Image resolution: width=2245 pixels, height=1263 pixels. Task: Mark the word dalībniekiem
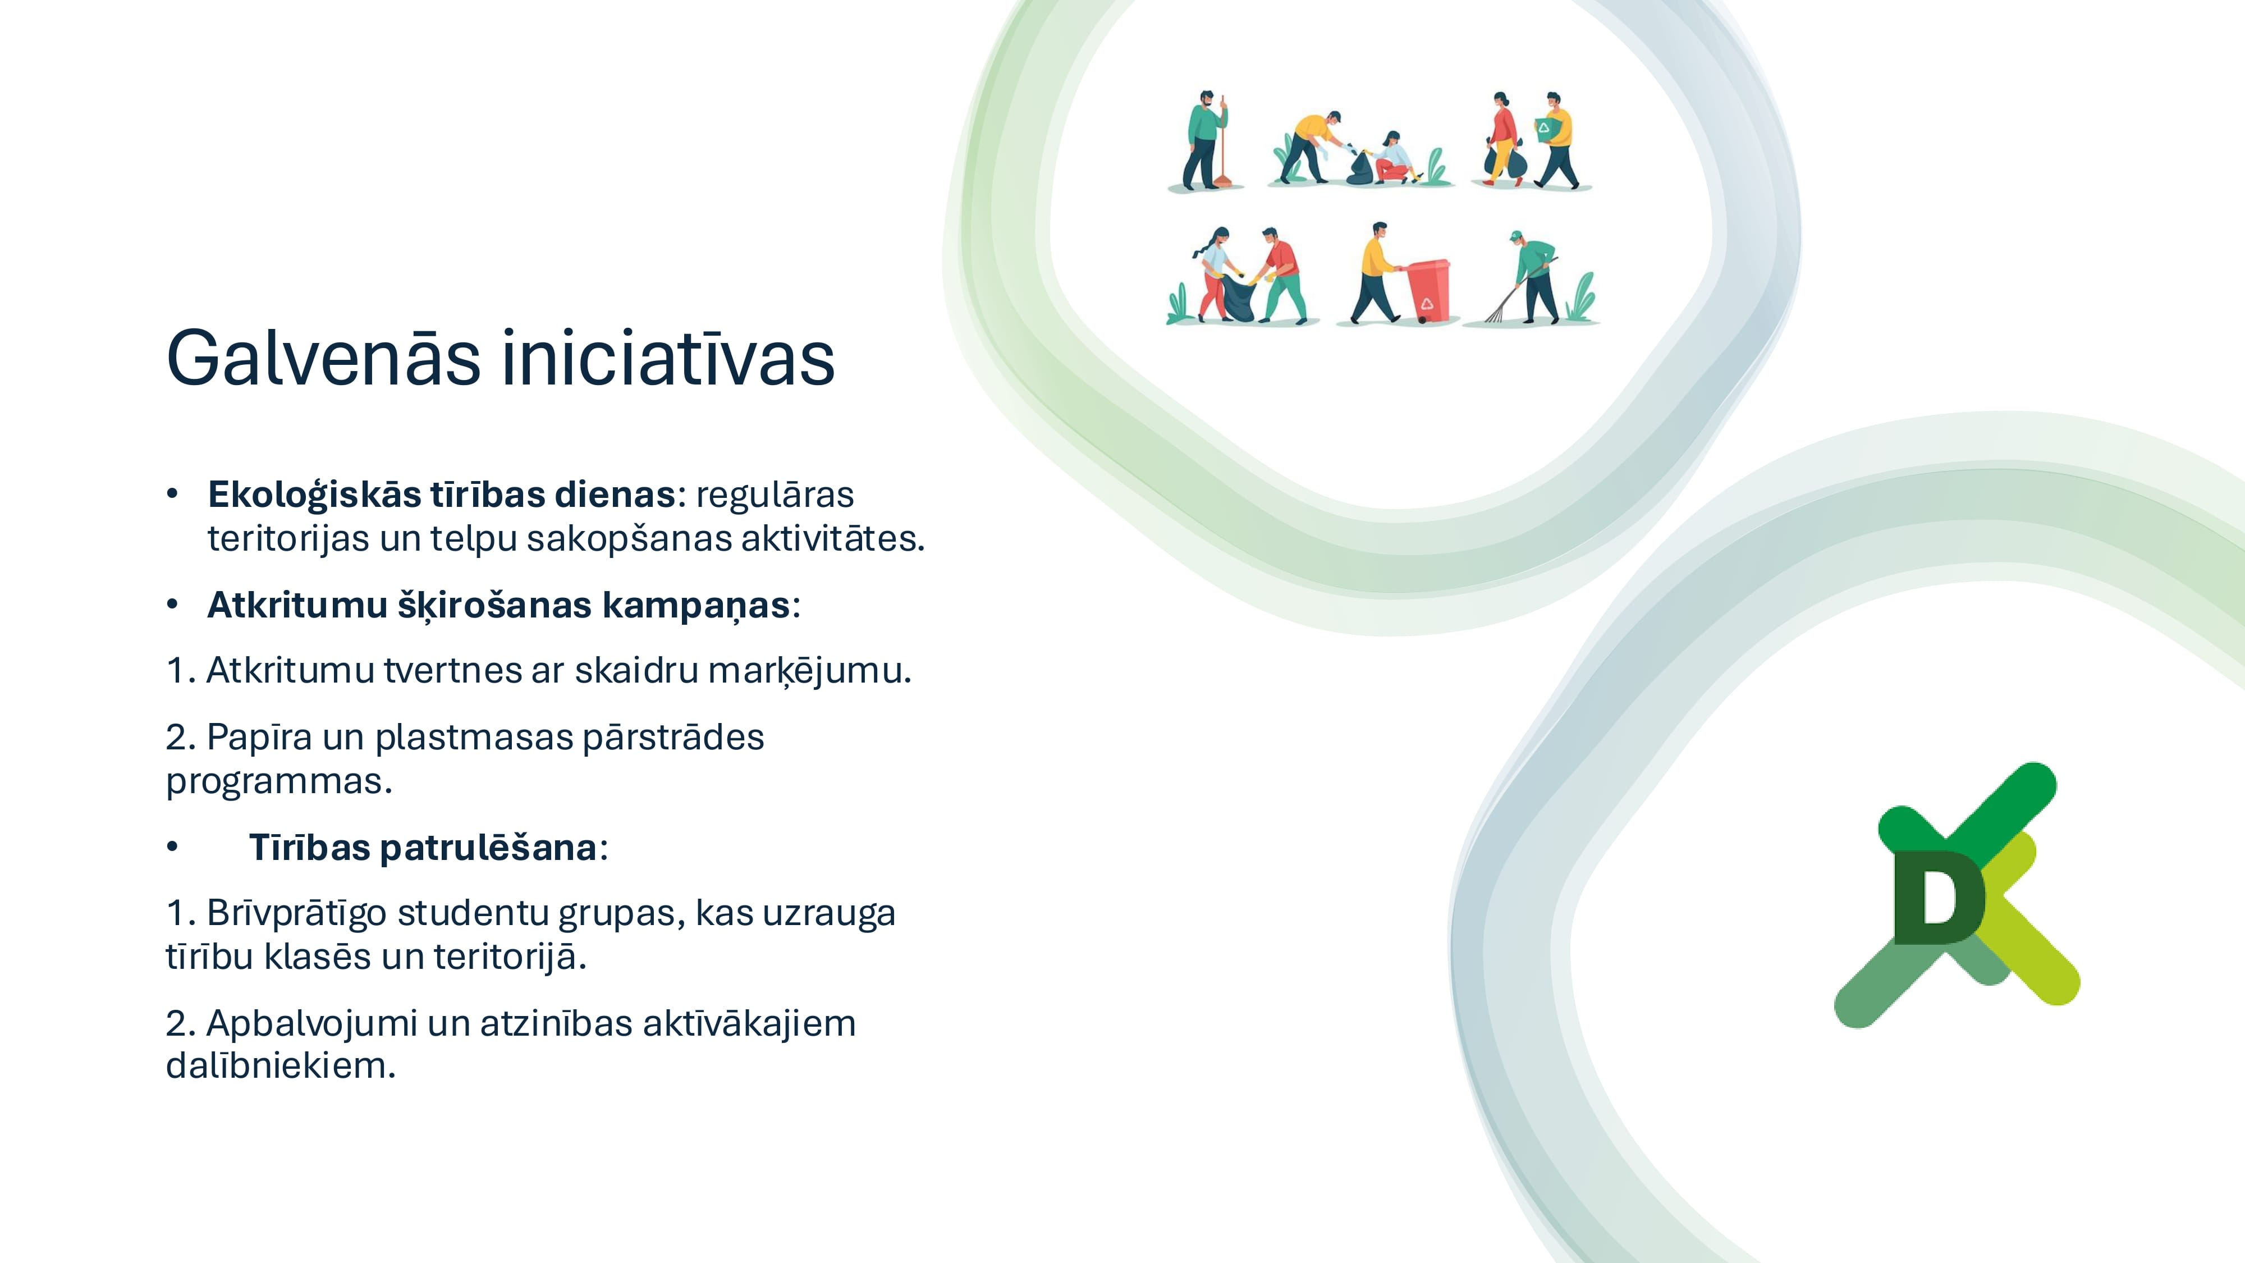tap(281, 1065)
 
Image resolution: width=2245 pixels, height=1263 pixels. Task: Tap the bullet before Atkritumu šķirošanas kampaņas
tap(172, 604)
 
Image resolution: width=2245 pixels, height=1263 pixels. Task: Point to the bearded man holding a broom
tap(1206, 139)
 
